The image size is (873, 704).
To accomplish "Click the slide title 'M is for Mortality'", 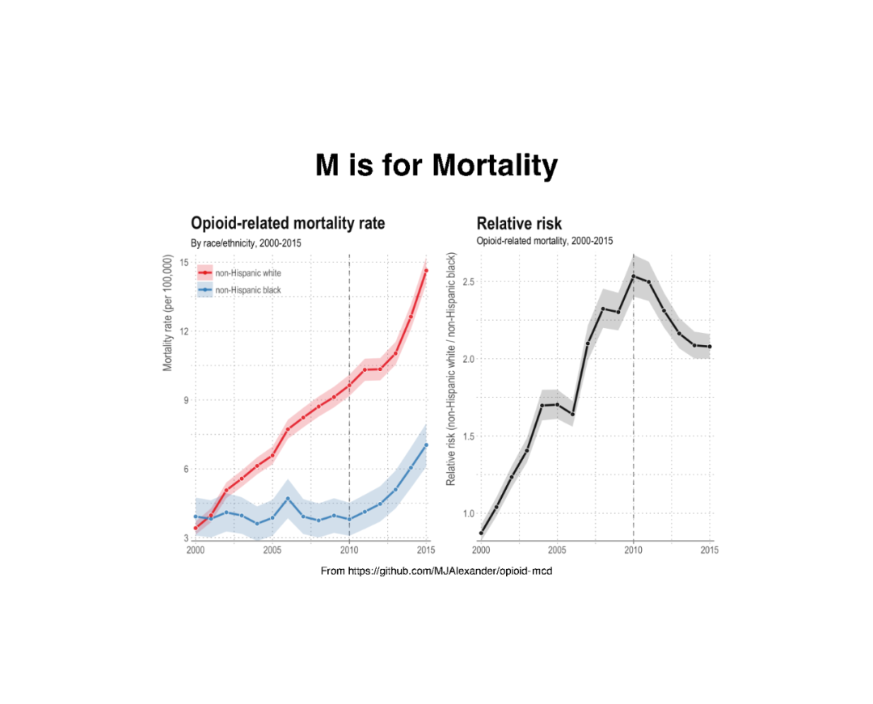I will (x=436, y=166).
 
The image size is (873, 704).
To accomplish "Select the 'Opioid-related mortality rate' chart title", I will (x=287, y=223).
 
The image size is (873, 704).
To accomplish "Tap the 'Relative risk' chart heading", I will (x=519, y=223).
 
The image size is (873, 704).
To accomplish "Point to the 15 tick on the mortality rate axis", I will (x=183, y=262).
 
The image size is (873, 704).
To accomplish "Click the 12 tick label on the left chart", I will (x=183, y=331).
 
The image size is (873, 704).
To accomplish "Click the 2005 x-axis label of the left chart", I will (x=272, y=550).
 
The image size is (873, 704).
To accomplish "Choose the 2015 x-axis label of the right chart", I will (x=709, y=550).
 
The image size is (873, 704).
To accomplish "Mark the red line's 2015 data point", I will (x=426, y=271).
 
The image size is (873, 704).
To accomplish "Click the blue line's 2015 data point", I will (x=426, y=445).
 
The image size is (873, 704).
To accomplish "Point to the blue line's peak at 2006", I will (x=288, y=499).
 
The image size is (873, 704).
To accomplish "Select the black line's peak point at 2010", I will (x=633, y=276).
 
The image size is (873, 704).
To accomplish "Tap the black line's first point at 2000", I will (x=481, y=533).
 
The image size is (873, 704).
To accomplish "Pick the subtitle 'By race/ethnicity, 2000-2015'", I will (x=246, y=242).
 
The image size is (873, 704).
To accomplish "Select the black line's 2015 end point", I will (x=709, y=347).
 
